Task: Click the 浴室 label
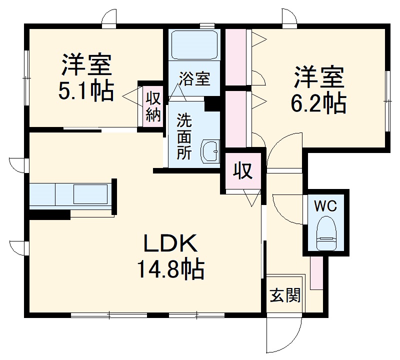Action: click(x=194, y=79)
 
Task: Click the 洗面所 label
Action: click(x=184, y=136)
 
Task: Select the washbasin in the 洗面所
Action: click(x=210, y=151)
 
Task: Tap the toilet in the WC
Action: click(x=327, y=233)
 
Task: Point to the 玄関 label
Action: click(x=285, y=296)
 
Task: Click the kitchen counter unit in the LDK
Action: click(x=70, y=194)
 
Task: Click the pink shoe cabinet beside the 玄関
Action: click(x=316, y=273)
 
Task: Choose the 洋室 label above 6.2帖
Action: click(x=318, y=76)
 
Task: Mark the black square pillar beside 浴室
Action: click(x=212, y=103)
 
